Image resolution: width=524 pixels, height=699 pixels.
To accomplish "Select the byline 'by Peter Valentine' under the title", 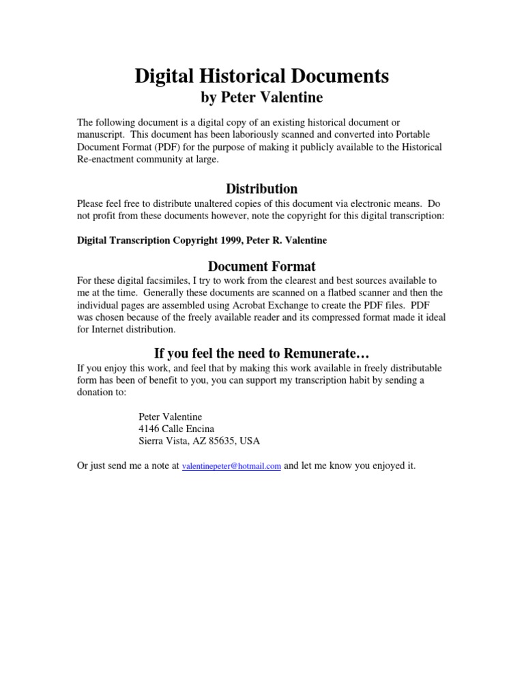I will pos(261,98).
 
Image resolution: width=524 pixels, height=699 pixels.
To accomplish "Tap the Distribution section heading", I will pos(261,188).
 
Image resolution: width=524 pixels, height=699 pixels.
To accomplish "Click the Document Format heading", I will pos(261,266).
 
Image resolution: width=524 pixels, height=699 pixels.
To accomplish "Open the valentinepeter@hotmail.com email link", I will pos(232,466).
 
